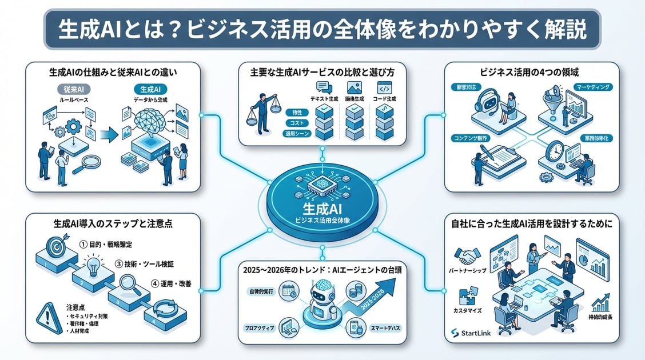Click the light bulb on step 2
pos(94,267)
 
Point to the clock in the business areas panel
pos(555,151)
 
